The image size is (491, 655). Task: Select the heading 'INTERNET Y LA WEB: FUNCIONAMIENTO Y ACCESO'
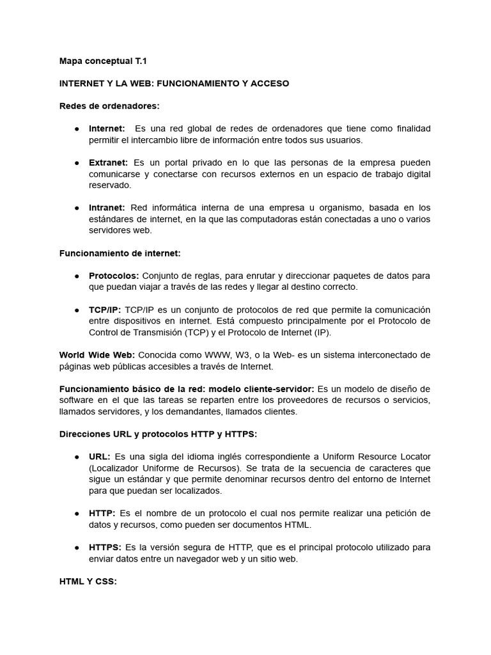(174, 84)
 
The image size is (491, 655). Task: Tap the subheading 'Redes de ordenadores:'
(109, 106)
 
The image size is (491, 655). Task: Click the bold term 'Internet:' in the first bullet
(107, 129)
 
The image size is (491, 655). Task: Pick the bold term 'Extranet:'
(108, 162)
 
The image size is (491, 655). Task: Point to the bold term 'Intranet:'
(107, 207)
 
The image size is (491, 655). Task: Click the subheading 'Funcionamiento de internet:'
(120, 253)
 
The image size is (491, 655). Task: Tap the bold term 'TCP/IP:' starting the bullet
(105, 310)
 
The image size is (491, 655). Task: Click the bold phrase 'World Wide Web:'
(97, 355)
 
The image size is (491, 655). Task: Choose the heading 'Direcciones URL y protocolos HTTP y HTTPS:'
(158, 434)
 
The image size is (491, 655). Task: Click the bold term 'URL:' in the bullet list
(100, 457)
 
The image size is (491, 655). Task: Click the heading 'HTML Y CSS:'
(88, 581)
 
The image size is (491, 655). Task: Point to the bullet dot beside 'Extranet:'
(76, 163)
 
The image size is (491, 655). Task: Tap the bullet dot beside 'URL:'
(76, 457)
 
